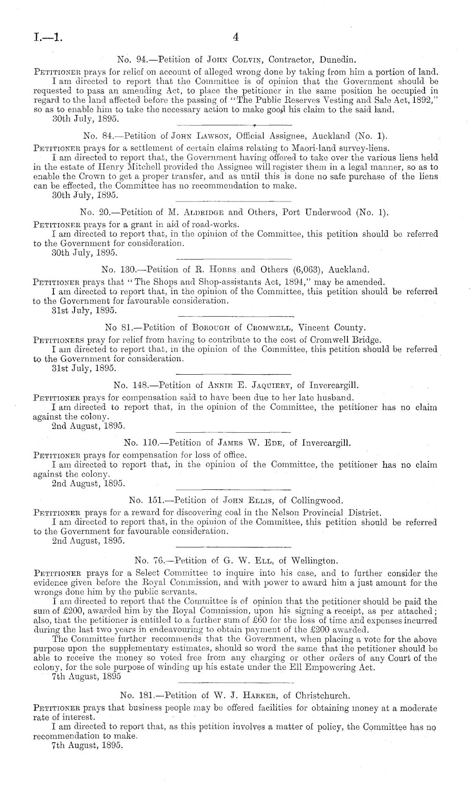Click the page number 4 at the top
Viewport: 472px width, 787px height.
tap(236, 38)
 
